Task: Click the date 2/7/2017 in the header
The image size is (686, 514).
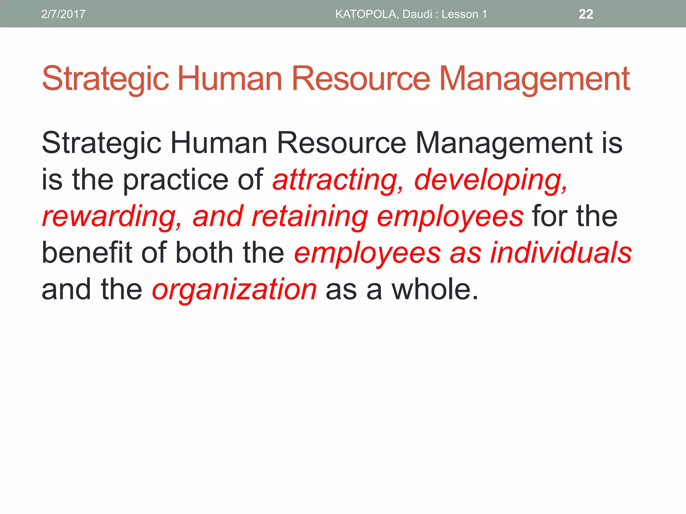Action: pyautogui.click(x=63, y=14)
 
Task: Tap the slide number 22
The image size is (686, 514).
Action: pyautogui.click(x=586, y=14)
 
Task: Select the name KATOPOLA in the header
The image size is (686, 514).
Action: pyautogui.click(x=366, y=14)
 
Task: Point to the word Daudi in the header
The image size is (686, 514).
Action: pyautogui.click(x=417, y=14)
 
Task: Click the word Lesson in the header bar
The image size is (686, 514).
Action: pyautogui.click(x=460, y=14)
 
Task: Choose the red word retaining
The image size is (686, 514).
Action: pyautogui.click(x=310, y=217)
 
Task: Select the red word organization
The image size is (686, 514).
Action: pyautogui.click(x=234, y=289)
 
